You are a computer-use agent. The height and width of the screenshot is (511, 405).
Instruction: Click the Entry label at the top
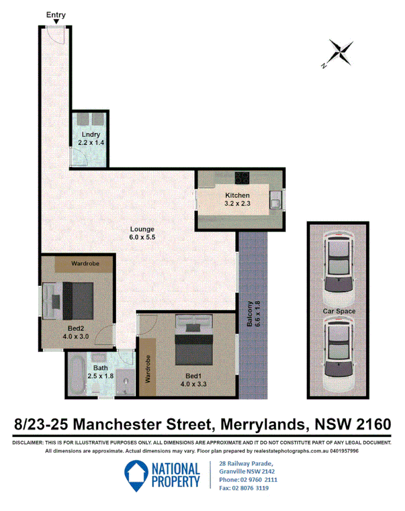pos(56,15)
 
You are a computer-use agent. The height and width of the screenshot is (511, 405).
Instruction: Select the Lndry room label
pos(91,134)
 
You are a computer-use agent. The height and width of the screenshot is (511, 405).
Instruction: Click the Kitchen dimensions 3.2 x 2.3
pos(237,203)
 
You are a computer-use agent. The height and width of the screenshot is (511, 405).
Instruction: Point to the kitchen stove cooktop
pos(242,177)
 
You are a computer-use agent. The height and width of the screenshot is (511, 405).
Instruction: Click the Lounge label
pos(142,228)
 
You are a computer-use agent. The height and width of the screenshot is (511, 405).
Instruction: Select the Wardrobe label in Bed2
pos(85,264)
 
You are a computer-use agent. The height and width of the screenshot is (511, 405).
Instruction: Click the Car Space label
pos(339,311)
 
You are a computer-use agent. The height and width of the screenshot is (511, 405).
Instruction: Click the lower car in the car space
pos(339,355)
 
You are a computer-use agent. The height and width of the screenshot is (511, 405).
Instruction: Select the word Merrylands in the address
pos(260,424)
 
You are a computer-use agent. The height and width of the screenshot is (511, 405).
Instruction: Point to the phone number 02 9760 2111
pos(256,479)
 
